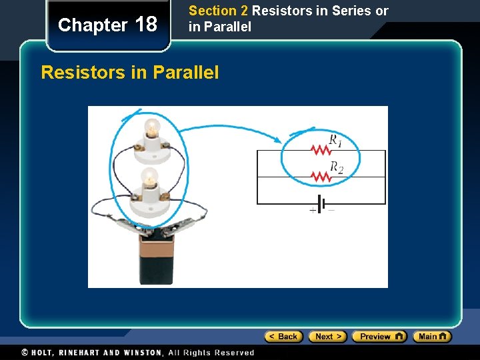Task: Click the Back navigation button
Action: [283, 337]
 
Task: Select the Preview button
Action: [379, 337]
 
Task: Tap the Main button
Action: [432, 337]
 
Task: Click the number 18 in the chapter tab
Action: [145, 25]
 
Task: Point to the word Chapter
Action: [93, 25]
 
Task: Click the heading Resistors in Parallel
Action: [130, 73]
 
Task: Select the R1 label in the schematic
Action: [335, 140]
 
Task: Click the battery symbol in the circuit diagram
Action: [321, 203]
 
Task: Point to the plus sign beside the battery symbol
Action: [311, 209]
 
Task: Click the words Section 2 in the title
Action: [218, 11]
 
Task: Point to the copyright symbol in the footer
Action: [25, 353]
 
